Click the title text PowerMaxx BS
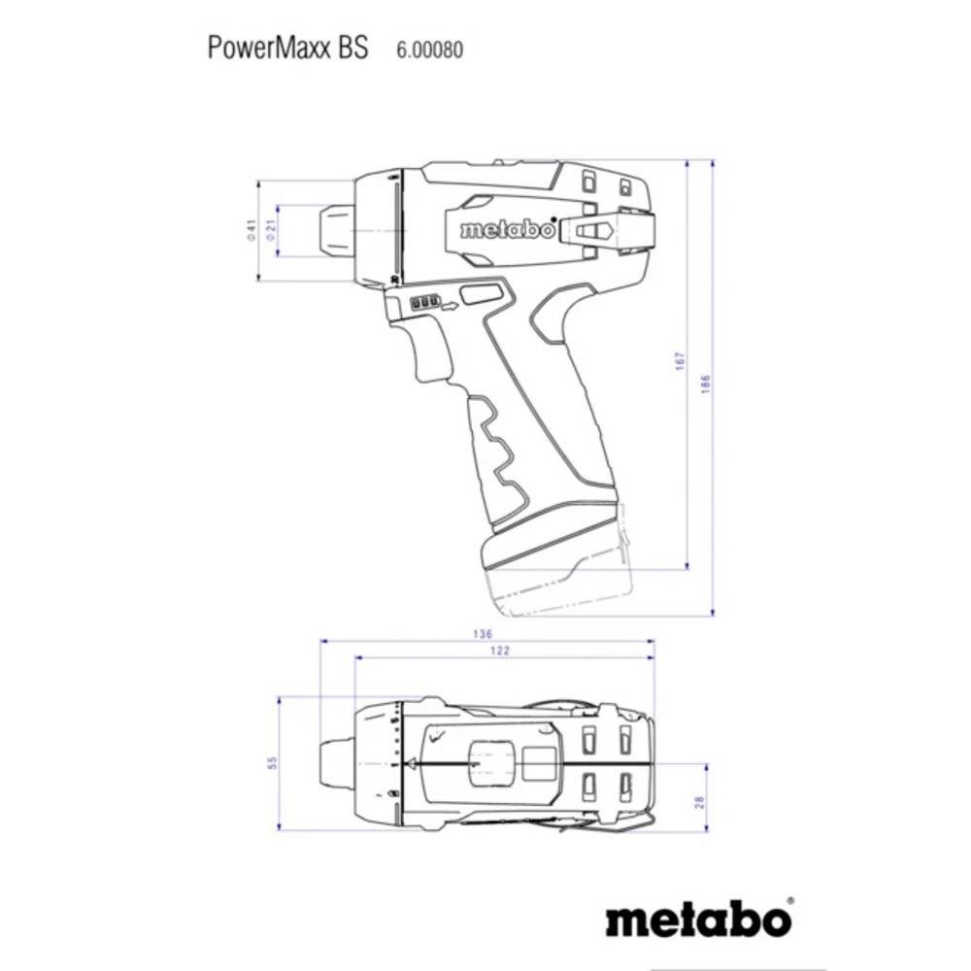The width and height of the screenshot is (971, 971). [288, 49]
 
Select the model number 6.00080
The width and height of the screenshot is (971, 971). [429, 50]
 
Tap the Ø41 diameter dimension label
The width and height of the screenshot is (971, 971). [250, 230]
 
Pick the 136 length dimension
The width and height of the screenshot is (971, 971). [482, 634]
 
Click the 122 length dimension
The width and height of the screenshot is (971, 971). [500, 652]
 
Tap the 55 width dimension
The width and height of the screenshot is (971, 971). [274, 763]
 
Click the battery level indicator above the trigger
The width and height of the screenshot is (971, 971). [424, 303]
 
